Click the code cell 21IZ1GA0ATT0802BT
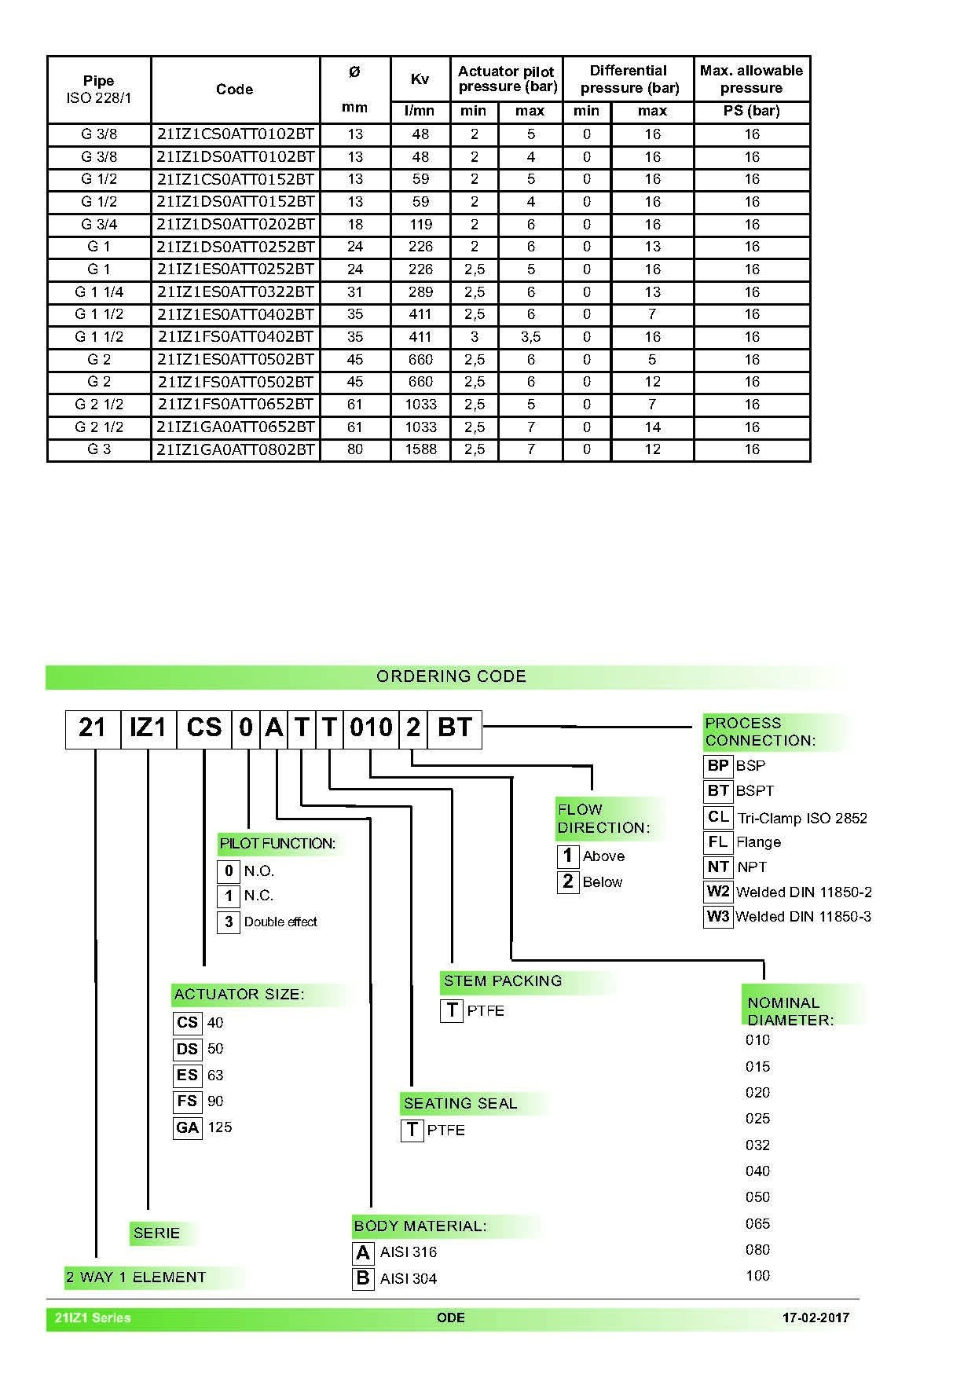tap(236, 450)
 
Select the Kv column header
tap(420, 79)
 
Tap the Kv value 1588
tap(420, 449)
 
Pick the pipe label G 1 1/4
tap(99, 292)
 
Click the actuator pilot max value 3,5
tap(530, 337)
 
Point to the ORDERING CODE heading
tap(451, 676)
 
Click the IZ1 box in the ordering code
tap(148, 728)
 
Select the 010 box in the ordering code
tap(371, 728)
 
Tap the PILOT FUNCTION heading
tap(277, 844)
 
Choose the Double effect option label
tap(280, 922)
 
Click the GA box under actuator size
tap(188, 1128)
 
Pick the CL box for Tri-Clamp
tap(718, 817)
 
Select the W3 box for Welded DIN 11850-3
tap(718, 917)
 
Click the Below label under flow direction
tap(603, 882)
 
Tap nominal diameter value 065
tap(757, 1224)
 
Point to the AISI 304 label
tap(409, 1279)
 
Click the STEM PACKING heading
tap(503, 981)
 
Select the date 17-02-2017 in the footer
tap(816, 1318)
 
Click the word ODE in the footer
tap(451, 1318)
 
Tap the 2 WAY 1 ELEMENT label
tap(136, 1277)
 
